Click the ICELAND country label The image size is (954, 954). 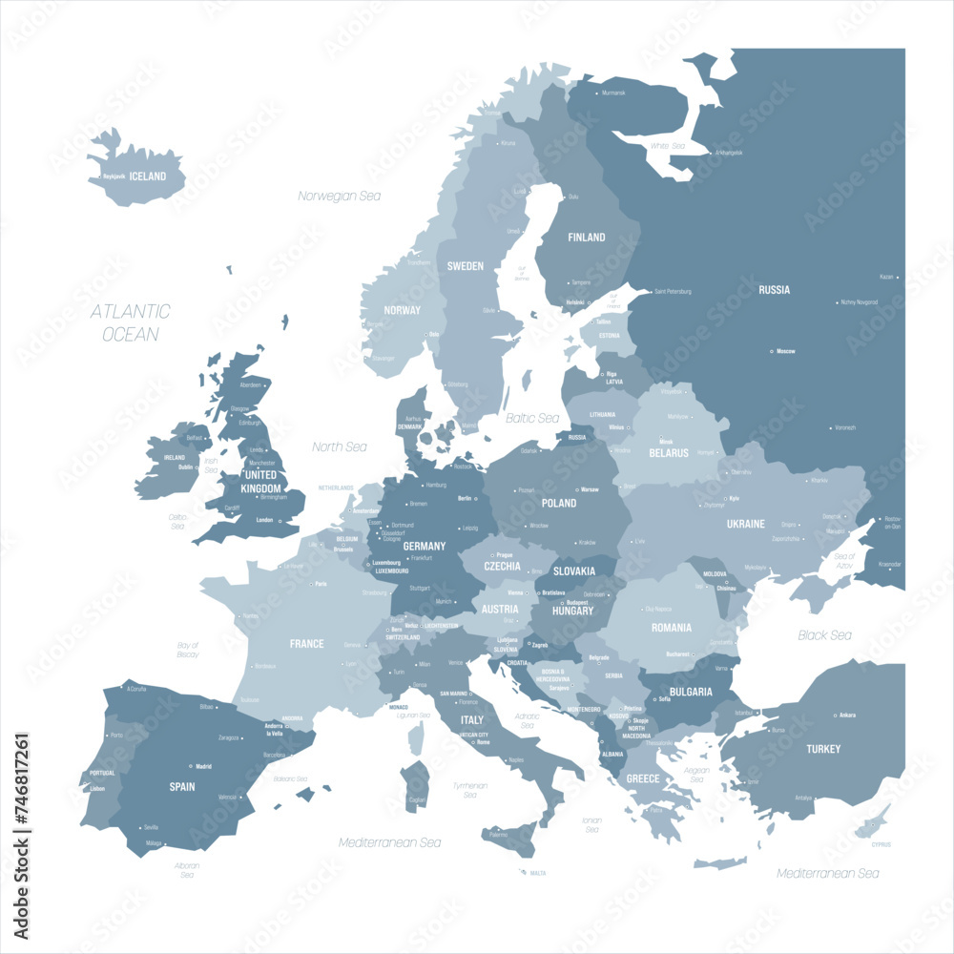click(x=148, y=176)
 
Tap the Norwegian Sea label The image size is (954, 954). click(x=339, y=196)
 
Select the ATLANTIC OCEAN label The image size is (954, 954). click(x=131, y=322)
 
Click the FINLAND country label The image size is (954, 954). click(x=586, y=238)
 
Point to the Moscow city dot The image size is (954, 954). click(x=772, y=352)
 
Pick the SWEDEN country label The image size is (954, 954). click(x=466, y=266)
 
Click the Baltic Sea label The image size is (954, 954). click(x=532, y=418)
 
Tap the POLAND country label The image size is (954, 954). click(x=559, y=503)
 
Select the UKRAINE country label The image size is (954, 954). click(x=745, y=524)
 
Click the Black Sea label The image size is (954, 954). click(x=824, y=635)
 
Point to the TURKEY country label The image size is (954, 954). click(x=822, y=749)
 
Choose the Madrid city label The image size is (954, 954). click(x=203, y=766)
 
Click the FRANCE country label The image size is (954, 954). click(x=306, y=644)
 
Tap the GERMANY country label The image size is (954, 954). click(x=425, y=547)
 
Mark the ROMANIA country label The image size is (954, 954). click(x=671, y=628)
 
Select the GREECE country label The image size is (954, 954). click(x=642, y=778)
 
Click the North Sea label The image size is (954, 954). click(x=340, y=446)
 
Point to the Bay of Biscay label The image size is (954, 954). click(x=188, y=650)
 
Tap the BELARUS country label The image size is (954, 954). click(x=669, y=453)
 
